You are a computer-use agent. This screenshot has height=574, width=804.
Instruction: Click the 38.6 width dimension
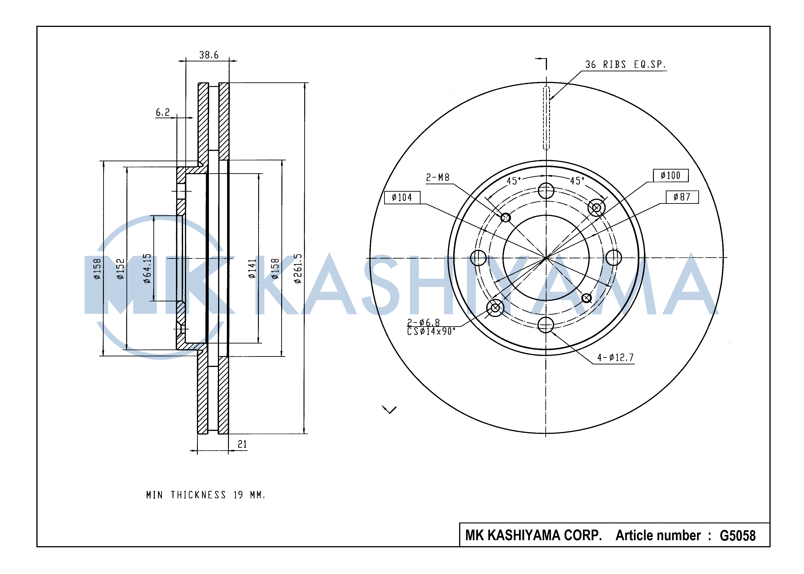209,55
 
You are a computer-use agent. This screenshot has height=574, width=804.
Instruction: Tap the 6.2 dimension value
163,112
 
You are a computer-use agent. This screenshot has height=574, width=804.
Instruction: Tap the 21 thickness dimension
242,444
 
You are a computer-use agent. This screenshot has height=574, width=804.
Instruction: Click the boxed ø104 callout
402,197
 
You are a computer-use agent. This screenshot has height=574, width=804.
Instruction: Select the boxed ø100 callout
671,175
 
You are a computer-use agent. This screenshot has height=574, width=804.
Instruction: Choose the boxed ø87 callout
682,197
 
